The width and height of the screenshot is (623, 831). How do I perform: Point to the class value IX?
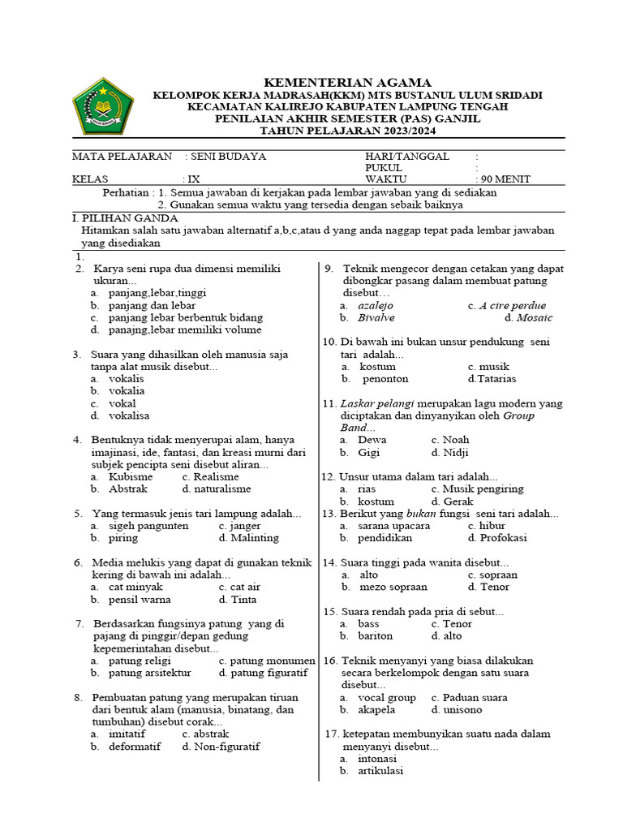pyautogui.click(x=193, y=179)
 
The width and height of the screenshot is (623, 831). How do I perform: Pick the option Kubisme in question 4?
pyautogui.click(x=131, y=476)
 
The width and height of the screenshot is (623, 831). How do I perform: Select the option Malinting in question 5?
pyautogui.click(x=256, y=537)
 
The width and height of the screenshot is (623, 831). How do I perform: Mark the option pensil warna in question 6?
pyautogui.click(x=140, y=599)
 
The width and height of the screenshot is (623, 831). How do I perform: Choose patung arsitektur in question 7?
pyautogui.click(x=150, y=672)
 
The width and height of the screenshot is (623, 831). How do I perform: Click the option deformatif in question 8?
pyautogui.click(x=135, y=746)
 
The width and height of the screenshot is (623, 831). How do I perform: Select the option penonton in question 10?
pyautogui.click(x=385, y=378)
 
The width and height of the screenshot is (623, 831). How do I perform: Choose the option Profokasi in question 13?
pyautogui.click(x=504, y=537)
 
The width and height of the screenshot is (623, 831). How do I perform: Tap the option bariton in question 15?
pyautogui.click(x=375, y=635)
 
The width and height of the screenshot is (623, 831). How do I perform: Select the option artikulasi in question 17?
pyautogui.click(x=380, y=770)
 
